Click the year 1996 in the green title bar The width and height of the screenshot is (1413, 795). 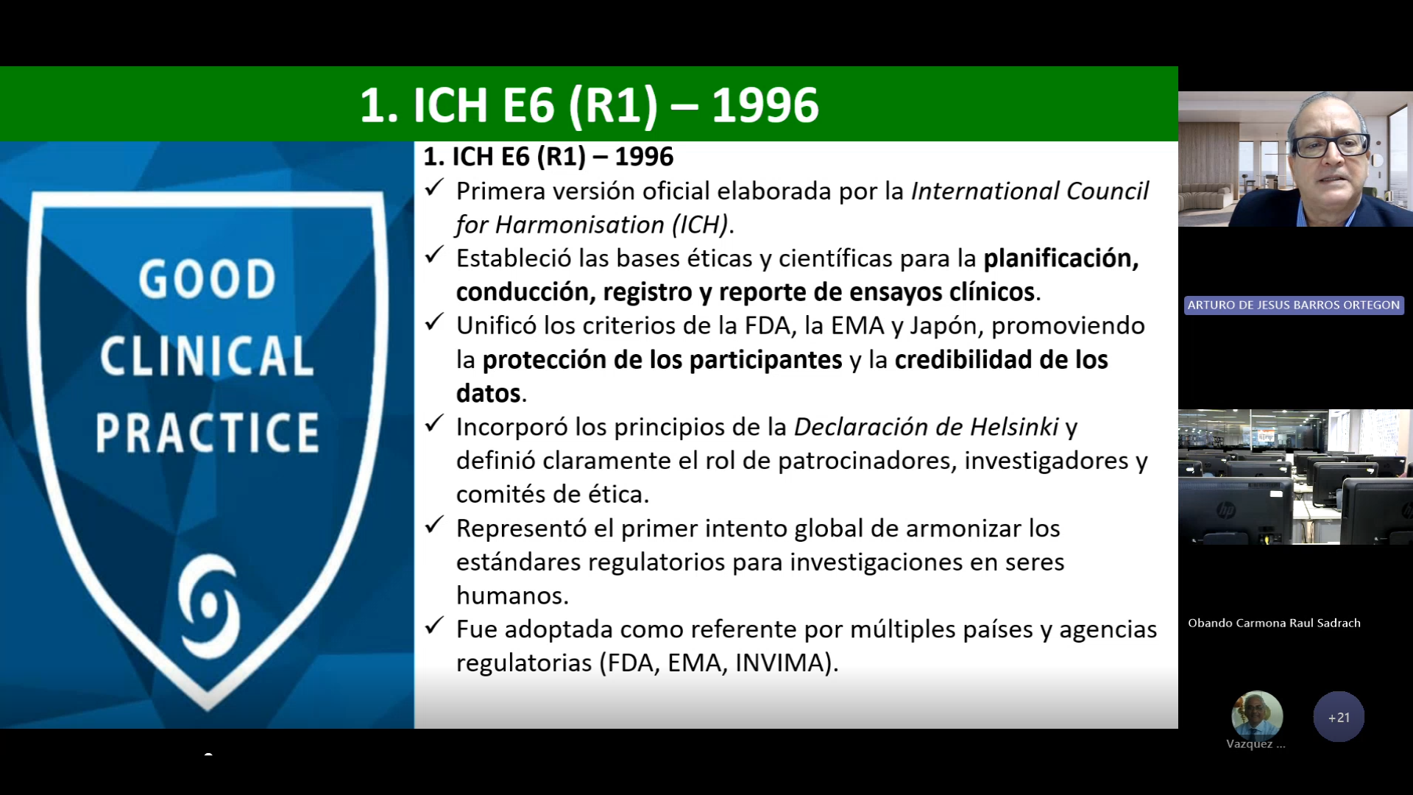coord(765,105)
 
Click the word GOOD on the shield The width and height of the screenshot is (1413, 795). coord(208,279)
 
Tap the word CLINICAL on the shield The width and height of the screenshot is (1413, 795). coord(208,356)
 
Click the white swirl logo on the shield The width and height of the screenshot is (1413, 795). coord(209,606)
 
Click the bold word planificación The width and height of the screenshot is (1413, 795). coord(1061,258)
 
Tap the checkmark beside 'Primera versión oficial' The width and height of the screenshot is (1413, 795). coord(434,188)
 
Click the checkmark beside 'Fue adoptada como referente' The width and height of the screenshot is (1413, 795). coord(434,626)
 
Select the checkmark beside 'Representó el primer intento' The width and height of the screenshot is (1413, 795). coord(434,526)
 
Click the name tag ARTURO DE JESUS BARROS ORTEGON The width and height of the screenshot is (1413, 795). coord(1294,305)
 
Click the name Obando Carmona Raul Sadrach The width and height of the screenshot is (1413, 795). coord(1274,623)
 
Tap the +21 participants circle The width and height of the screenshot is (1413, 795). coord(1339,717)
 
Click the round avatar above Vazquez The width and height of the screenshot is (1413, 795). coord(1257,715)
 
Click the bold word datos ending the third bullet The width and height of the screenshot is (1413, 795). coord(488,394)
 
